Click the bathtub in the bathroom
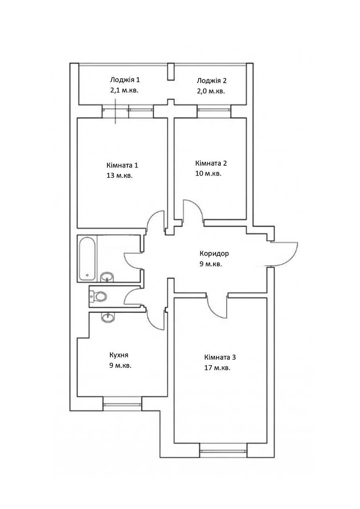coord(87,258)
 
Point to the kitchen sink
coord(108,317)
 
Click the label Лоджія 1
coord(125,80)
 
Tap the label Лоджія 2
coord(211,81)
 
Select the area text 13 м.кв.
coord(119,176)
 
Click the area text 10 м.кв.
coord(208,173)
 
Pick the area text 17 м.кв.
coord(217,368)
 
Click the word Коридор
coord(214,254)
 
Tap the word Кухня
coord(119,355)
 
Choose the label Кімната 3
coord(220,357)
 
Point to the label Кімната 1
coord(122,165)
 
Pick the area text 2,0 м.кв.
coord(211,91)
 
